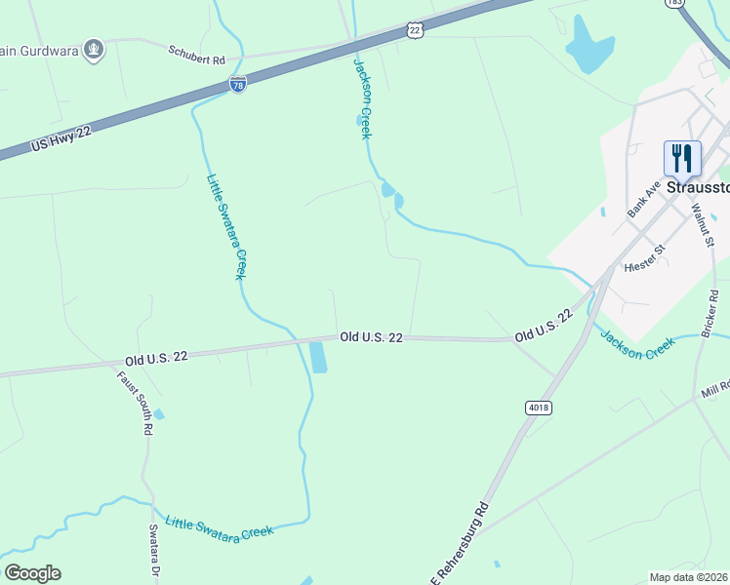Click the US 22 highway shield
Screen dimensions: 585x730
click(x=417, y=31)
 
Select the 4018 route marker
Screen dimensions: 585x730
click(x=537, y=408)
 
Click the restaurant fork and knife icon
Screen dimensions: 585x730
click(x=682, y=158)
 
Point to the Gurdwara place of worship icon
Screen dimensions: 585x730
click(x=94, y=49)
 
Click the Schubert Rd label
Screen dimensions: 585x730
click(x=196, y=53)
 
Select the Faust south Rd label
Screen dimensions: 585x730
click(x=135, y=403)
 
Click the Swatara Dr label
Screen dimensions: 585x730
click(x=154, y=551)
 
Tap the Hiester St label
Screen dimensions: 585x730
click(x=644, y=255)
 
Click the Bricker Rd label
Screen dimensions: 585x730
click(x=710, y=308)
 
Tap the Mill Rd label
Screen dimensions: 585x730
click(x=714, y=389)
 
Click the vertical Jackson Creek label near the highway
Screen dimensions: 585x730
click(x=362, y=98)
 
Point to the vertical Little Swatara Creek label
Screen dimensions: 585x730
click(x=226, y=227)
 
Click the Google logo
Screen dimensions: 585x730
click(x=32, y=573)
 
